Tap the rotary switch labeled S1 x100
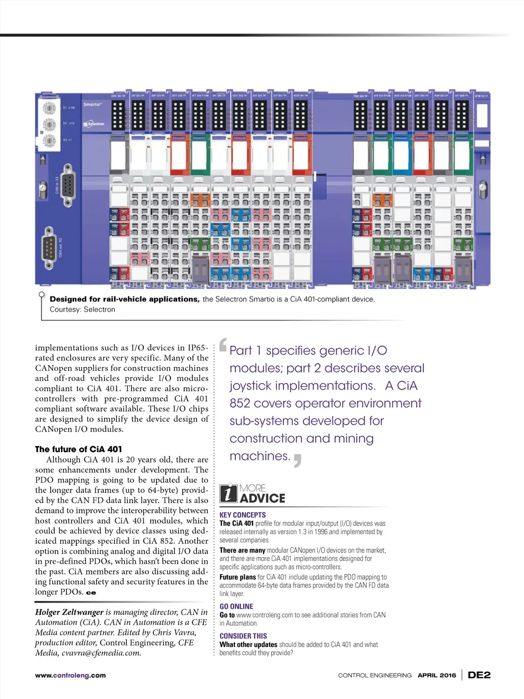tap(50, 109)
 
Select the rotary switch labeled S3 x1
tap(50, 140)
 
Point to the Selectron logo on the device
tap(95, 124)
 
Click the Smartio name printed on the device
tap(93, 104)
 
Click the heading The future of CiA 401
tap(78, 449)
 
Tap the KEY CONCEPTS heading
tap(243, 515)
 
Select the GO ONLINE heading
tap(236, 606)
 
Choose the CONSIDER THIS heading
tap(243, 636)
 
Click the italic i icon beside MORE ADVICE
tap(228, 494)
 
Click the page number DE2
tap(479, 675)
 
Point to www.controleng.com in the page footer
tap(70, 675)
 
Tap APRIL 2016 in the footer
tap(436, 675)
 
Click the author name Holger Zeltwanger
tap(69, 612)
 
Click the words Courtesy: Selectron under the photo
tap(82, 309)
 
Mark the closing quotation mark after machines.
tap(297, 460)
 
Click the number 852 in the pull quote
tap(239, 404)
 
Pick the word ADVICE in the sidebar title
tap(263, 498)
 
